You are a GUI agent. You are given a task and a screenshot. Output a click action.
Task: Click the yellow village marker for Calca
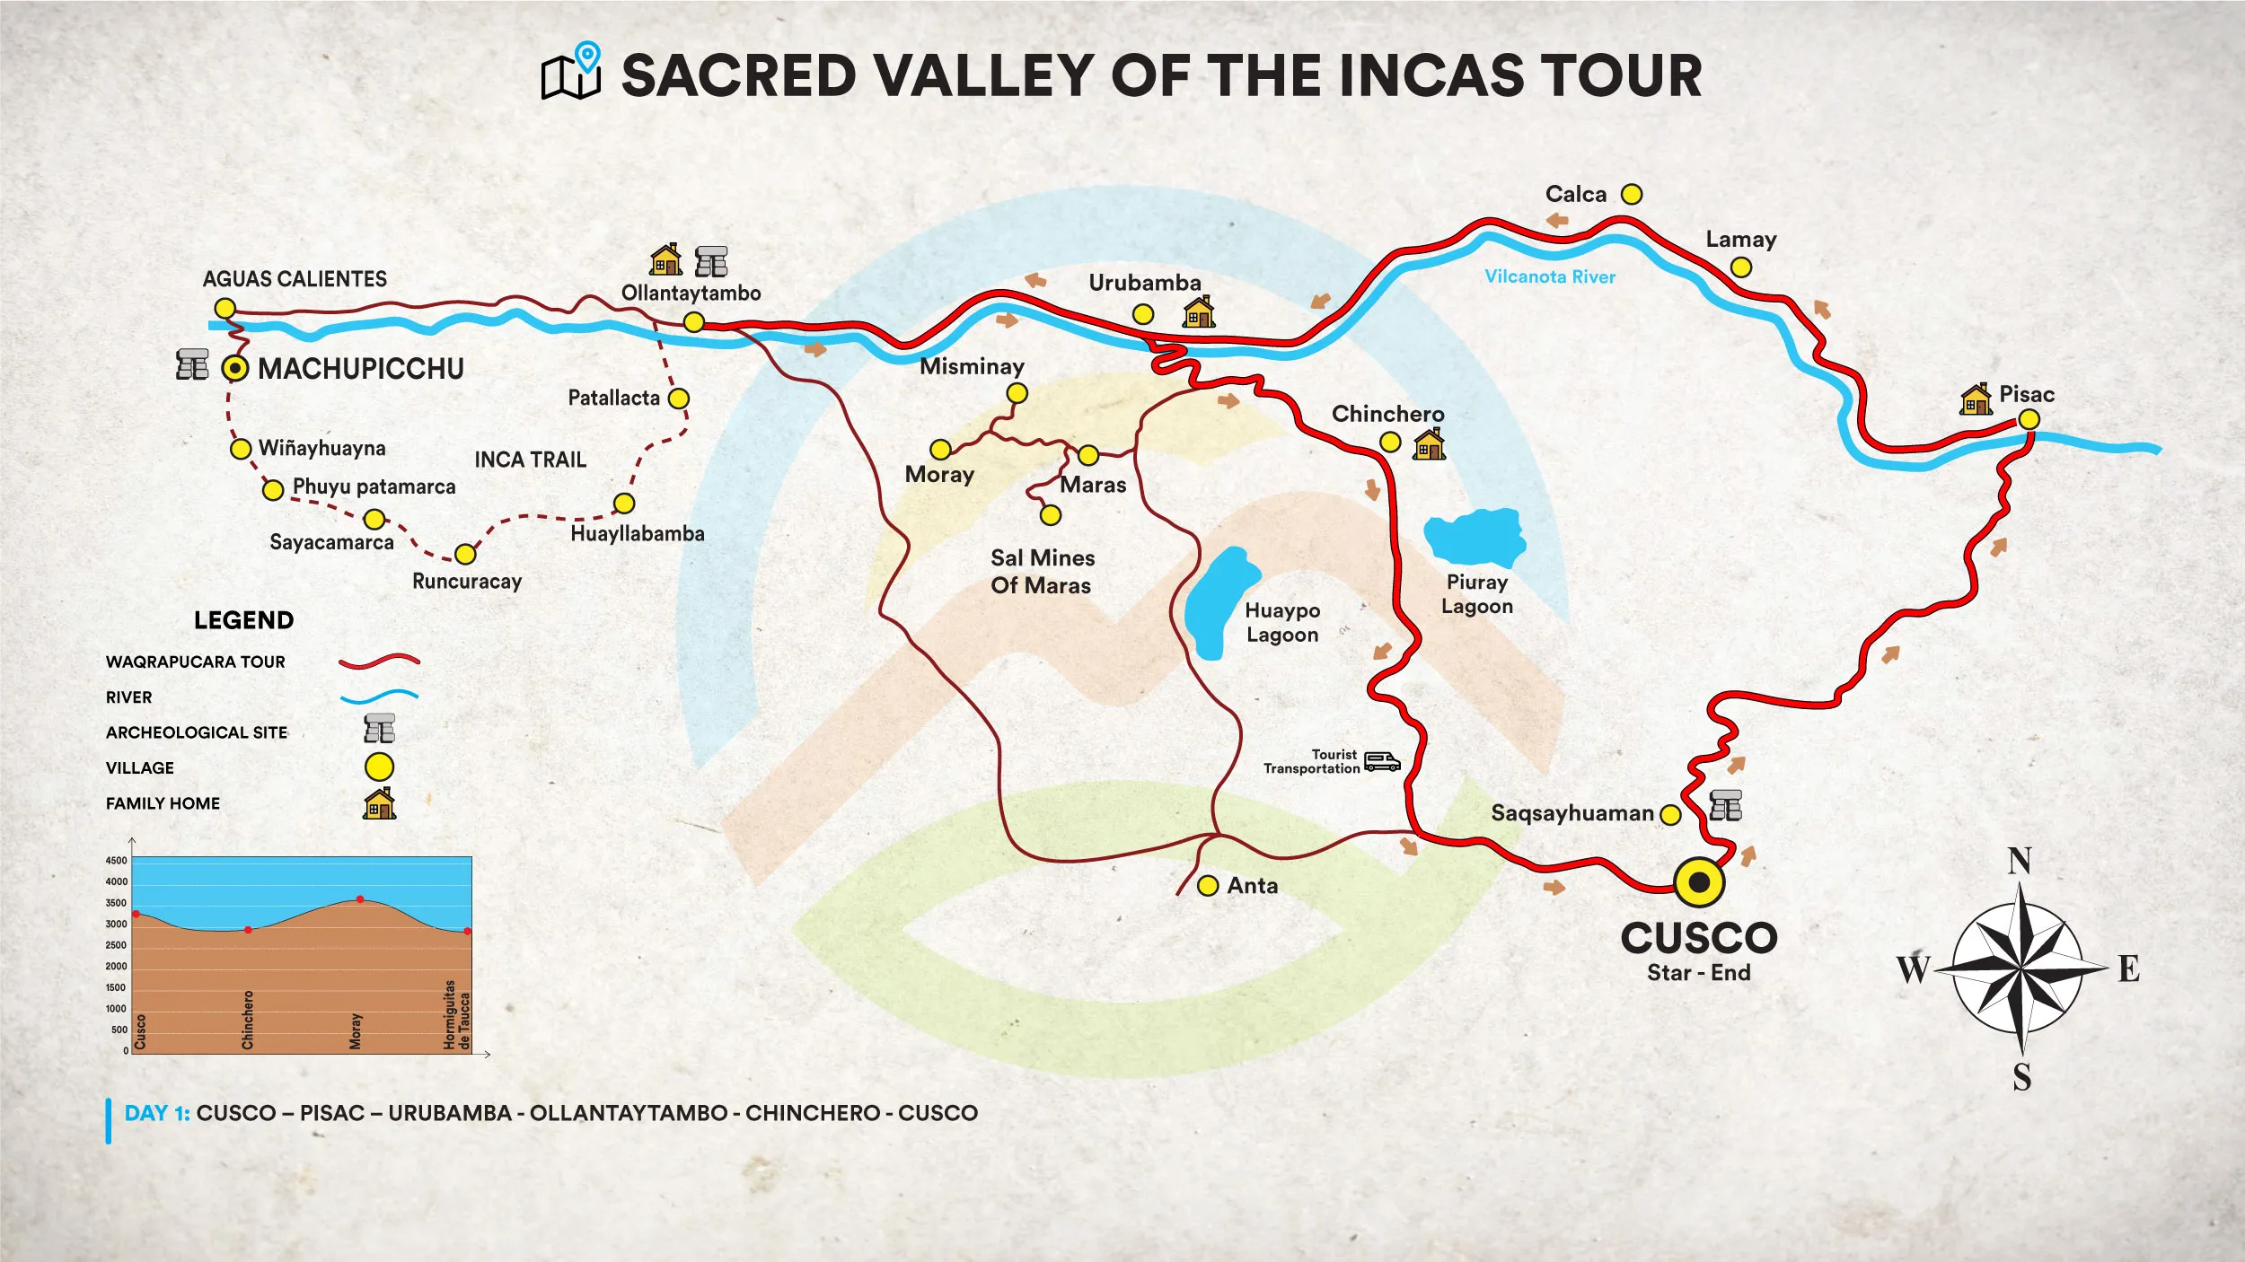click(1632, 195)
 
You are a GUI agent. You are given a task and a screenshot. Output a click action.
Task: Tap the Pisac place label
click(2026, 395)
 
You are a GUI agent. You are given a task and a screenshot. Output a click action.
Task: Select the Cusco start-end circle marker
click(1699, 882)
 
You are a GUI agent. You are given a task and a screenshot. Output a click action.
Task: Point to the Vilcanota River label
click(1549, 277)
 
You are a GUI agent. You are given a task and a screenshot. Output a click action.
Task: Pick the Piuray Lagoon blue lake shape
click(1475, 537)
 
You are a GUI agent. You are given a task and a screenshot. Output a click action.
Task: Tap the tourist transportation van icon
click(1382, 762)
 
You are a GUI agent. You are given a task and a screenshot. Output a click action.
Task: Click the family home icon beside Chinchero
click(1429, 443)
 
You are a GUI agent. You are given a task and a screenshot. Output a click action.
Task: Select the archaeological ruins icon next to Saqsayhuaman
click(1725, 805)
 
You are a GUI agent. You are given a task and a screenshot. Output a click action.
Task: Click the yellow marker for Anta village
click(1208, 886)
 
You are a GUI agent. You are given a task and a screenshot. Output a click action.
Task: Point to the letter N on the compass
click(2020, 862)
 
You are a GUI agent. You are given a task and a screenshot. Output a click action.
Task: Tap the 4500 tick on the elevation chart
click(117, 861)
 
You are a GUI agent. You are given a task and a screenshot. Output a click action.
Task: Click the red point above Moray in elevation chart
click(360, 899)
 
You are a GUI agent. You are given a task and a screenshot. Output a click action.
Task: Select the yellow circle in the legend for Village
click(379, 767)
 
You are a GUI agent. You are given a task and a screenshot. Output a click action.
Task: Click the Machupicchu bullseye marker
click(235, 368)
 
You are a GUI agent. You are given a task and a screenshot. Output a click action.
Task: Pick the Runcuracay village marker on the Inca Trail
click(465, 554)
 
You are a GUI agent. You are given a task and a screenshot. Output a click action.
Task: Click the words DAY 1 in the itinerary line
click(156, 1113)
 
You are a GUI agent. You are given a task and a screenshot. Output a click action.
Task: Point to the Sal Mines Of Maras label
click(1042, 572)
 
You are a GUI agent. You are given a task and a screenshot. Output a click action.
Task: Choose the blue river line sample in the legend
click(379, 696)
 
